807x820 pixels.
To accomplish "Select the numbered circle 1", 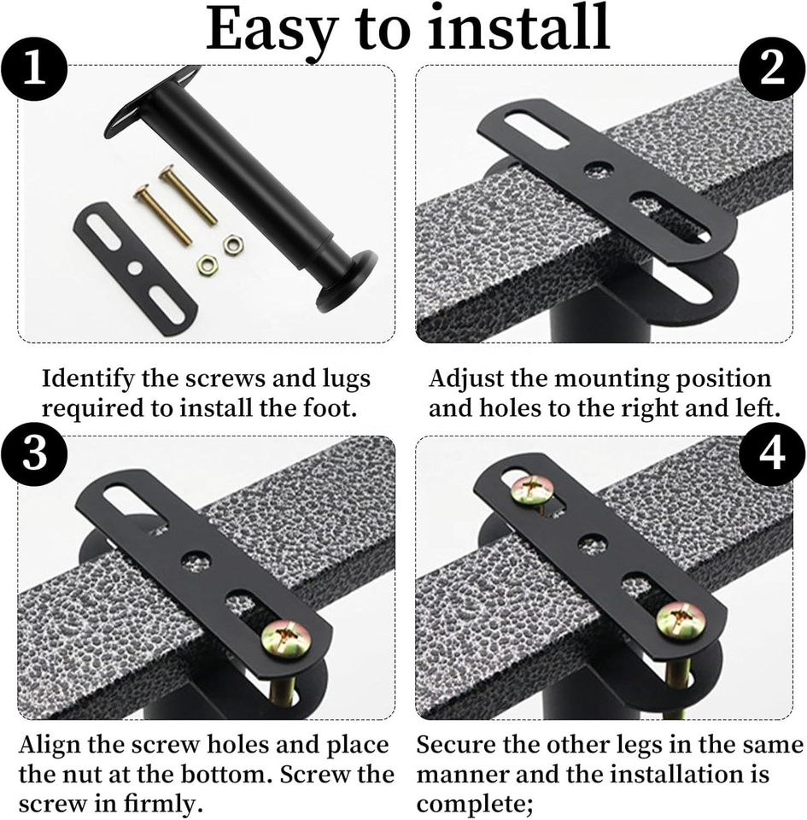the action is pos(34,69).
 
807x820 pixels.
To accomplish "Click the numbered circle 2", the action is pos(772,69).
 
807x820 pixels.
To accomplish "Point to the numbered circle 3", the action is pos(34,453).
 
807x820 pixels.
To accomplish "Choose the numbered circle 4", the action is pos(772,453).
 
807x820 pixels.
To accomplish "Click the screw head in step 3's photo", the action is pos(287,637).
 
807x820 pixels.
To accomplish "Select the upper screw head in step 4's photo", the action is pos(533,491).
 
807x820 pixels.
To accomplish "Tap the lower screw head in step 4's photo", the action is pos(681,623).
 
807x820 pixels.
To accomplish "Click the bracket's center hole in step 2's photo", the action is pos(599,169).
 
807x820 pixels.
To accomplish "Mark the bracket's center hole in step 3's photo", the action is pos(197,559).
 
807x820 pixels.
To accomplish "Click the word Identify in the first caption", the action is pos(88,380).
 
